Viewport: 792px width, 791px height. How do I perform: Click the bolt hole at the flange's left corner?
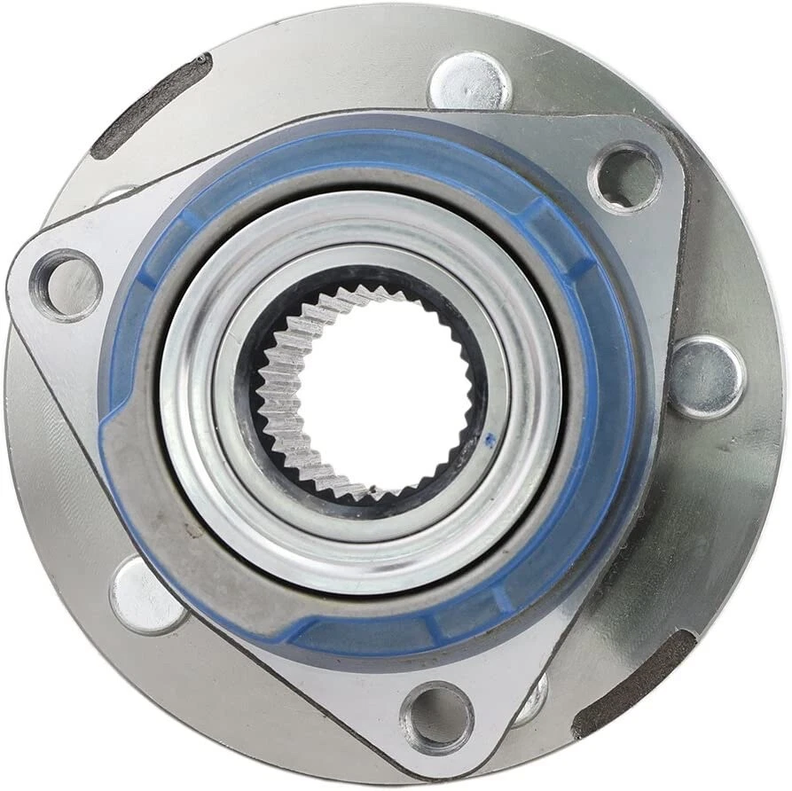click(66, 286)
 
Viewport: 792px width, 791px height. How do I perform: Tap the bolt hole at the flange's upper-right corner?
click(625, 176)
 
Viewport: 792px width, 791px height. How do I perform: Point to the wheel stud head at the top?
click(469, 82)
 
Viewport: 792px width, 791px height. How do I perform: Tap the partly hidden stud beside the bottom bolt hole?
click(533, 701)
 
